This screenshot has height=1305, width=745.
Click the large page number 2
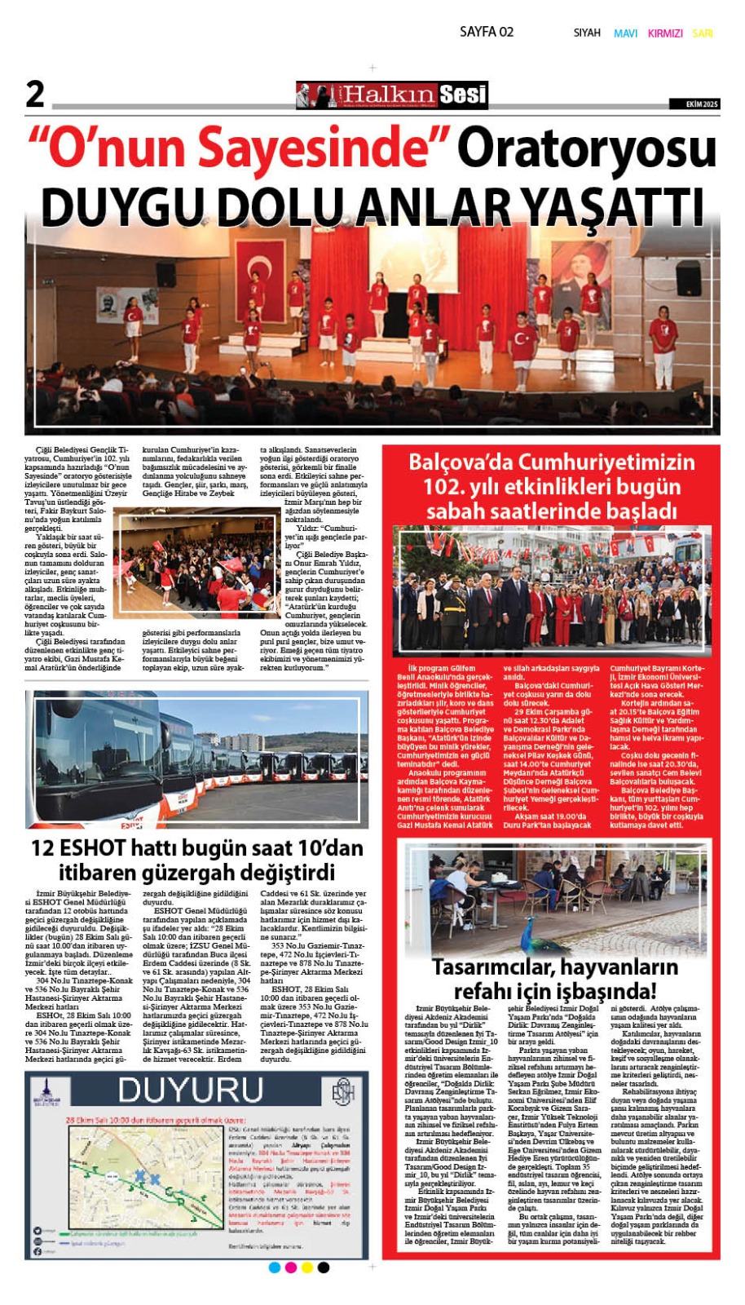click(35, 94)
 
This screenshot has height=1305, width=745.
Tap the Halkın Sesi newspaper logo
click(391, 95)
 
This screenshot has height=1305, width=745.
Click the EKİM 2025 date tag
click(694, 104)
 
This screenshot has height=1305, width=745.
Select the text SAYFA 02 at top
click(487, 32)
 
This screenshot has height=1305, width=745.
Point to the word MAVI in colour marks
click(625, 33)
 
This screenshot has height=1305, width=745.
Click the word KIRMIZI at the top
click(665, 33)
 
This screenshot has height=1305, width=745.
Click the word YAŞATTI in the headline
click(611, 206)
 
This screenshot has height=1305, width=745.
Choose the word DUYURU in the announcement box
click(189, 1091)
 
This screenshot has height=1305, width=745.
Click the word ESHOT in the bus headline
click(91, 848)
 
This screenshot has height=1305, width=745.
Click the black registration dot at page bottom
click(324, 1267)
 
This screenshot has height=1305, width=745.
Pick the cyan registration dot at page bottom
click(275, 1267)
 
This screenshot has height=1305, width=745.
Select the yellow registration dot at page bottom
click(307, 1267)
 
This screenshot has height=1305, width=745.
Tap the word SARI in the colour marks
click(703, 33)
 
